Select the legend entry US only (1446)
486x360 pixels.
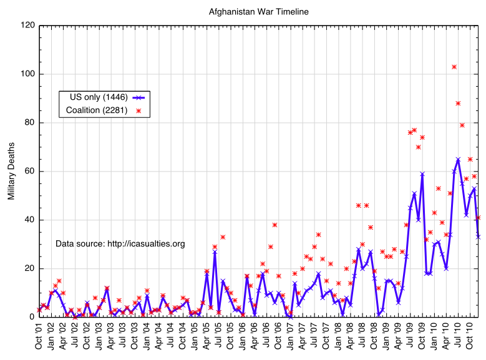tap(94, 97)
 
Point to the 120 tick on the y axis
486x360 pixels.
tap(26, 26)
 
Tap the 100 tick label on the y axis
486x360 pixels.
tap(26, 74)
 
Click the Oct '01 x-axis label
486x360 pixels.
tap(39, 337)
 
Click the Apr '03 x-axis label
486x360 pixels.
tap(110, 337)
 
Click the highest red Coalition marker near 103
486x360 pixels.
tap(454, 67)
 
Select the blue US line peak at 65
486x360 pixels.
tap(458, 159)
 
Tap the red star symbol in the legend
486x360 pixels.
tap(139, 111)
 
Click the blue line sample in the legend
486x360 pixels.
tap(139, 97)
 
